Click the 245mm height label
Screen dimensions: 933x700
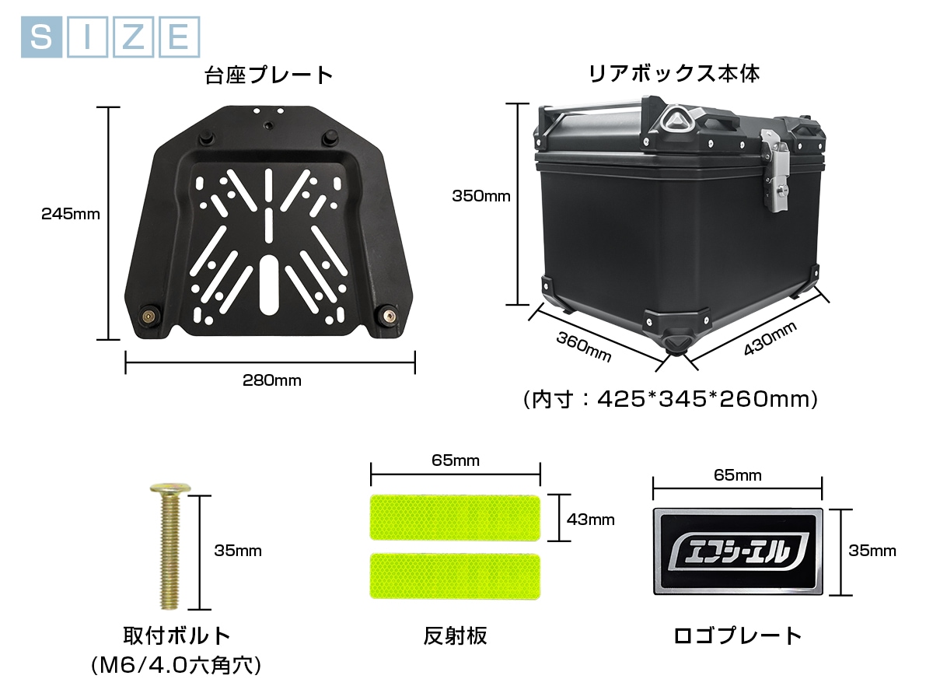click(71, 214)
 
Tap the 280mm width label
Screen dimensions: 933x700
click(272, 380)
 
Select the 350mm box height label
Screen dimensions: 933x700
click(481, 196)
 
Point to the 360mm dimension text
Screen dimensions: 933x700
click(584, 347)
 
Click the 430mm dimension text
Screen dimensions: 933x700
click(771, 338)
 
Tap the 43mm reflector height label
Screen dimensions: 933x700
click(590, 520)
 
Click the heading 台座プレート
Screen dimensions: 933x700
click(269, 75)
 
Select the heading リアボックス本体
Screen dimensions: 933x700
click(674, 74)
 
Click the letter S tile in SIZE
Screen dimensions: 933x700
click(41, 37)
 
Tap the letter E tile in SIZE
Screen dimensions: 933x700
click(180, 37)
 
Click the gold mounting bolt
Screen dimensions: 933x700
click(170, 546)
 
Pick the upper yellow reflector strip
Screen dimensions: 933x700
click(456, 517)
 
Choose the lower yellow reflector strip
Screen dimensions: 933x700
click(456, 576)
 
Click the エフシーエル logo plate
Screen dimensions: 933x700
click(738, 551)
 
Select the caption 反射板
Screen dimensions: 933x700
click(456, 636)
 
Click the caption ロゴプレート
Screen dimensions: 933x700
click(738, 636)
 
